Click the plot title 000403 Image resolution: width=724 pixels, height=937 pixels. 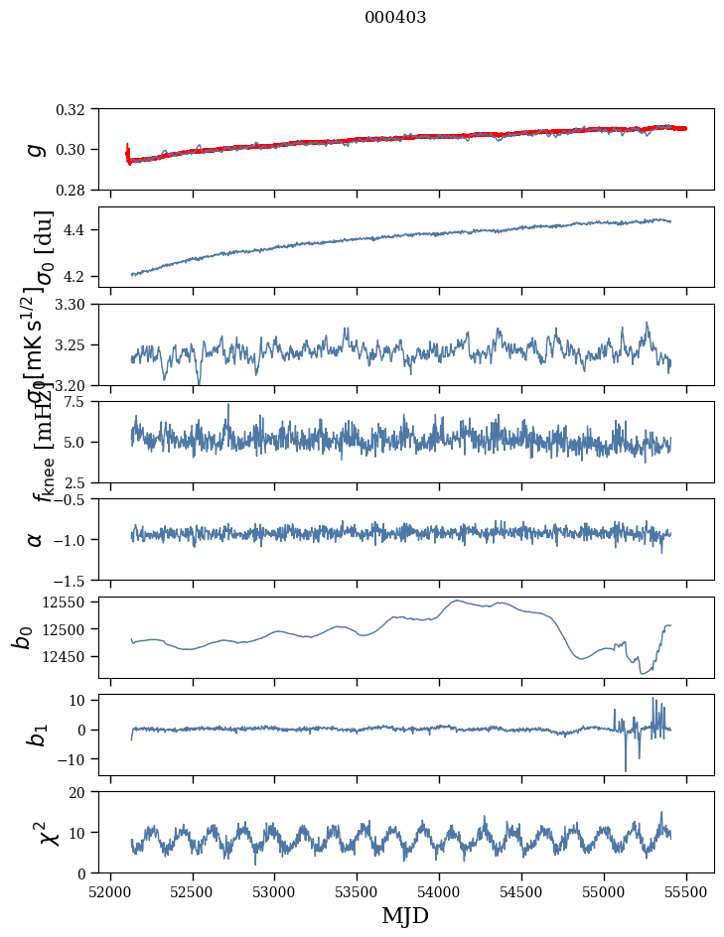click(395, 18)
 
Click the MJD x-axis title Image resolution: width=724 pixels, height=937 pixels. click(405, 915)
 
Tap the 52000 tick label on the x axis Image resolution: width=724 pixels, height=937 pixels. click(110, 891)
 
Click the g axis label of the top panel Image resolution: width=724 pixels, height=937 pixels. click(36, 149)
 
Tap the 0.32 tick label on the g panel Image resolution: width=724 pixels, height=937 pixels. click(76, 109)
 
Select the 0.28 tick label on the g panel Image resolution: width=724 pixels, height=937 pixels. click(76, 190)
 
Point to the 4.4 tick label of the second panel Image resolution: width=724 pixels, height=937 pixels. click(81, 230)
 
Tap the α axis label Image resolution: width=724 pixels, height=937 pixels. click(36, 539)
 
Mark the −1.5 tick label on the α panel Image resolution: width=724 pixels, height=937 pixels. click(72, 580)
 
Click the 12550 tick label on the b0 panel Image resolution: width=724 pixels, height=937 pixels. click(69, 602)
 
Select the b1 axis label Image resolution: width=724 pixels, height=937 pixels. click(36, 735)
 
